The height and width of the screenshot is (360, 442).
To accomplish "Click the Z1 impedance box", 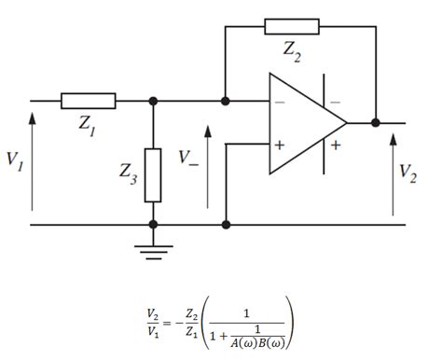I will coord(89,100).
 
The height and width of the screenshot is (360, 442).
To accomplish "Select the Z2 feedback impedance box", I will coord(291,26).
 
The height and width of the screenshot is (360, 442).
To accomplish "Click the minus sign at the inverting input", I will coord(279,102).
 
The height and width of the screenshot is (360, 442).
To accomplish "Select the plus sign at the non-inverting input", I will coord(279,145).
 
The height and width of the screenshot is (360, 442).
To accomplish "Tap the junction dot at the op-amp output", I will coord(375,122).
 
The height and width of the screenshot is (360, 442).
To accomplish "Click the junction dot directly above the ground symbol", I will coord(154,225).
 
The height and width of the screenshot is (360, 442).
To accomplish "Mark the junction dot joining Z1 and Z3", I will coord(154,100).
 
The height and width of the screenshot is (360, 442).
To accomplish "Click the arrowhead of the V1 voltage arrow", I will coord(33,116).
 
